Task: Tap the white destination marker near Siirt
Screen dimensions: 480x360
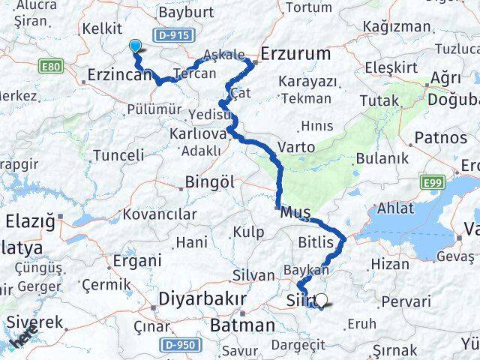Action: (x=322, y=300)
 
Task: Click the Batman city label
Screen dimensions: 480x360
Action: (x=242, y=325)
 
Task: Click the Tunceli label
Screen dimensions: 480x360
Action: (x=118, y=156)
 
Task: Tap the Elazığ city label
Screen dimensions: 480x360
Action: (x=31, y=221)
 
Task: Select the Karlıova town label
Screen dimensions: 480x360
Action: (x=199, y=133)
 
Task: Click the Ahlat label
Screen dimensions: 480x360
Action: (x=395, y=208)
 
